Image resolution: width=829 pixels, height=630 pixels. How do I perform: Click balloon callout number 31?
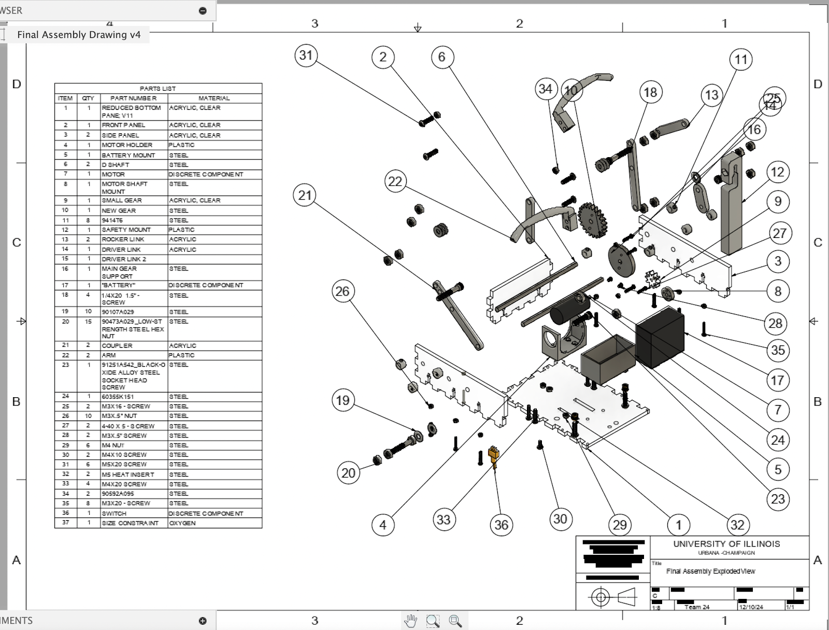(306, 55)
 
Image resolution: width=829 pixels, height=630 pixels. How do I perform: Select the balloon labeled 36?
(501, 525)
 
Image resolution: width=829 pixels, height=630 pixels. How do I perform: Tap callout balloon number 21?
(305, 195)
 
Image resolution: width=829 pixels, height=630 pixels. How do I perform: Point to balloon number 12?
(777, 172)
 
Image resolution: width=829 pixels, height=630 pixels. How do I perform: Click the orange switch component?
(494, 455)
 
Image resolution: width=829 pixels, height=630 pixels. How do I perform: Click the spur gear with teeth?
(592, 220)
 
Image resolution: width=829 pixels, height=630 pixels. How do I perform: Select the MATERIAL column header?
(214, 98)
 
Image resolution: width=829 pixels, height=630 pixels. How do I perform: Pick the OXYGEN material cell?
(182, 523)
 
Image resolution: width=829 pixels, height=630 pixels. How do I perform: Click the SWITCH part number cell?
(114, 513)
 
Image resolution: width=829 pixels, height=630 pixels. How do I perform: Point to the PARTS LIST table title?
(158, 89)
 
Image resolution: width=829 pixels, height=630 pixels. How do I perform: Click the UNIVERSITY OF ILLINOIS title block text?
(726, 544)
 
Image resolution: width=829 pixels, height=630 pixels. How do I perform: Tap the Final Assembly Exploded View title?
(710, 571)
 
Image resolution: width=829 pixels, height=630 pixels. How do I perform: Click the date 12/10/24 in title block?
(751, 607)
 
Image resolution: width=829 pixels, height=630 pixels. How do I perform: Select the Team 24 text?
(696, 607)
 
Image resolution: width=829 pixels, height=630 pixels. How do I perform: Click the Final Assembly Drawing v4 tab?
(79, 35)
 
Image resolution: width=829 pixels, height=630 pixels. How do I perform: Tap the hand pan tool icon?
(410, 621)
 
